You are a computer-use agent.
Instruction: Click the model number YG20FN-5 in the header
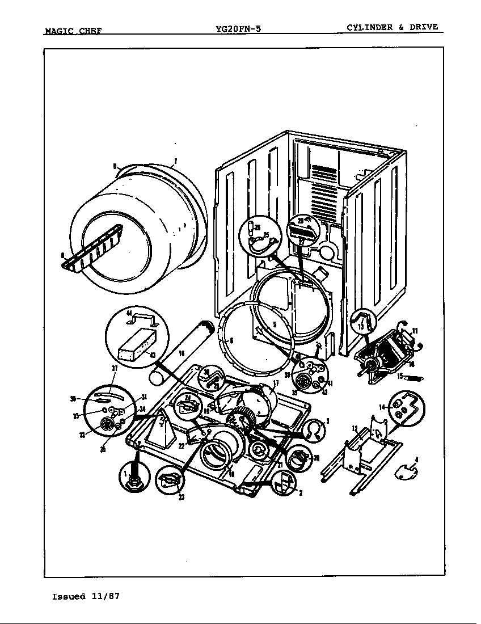pyautogui.click(x=238, y=29)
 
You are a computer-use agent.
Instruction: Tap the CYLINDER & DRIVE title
pyautogui.click(x=392, y=27)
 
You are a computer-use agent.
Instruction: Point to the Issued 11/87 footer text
pyautogui.click(x=86, y=596)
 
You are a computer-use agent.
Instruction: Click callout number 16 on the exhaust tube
pyautogui.click(x=181, y=353)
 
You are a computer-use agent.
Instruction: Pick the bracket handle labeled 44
pyautogui.click(x=142, y=322)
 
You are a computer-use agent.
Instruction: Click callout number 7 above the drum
pyautogui.click(x=175, y=162)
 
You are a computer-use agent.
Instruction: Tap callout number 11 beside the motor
pyautogui.click(x=415, y=331)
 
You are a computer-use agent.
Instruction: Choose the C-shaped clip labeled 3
pyautogui.click(x=310, y=431)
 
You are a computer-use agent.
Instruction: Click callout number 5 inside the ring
pyautogui.click(x=274, y=325)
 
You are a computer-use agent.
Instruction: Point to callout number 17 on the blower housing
pyautogui.click(x=276, y=383)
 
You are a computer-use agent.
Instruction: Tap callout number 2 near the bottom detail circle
pyautogui.click(x=300, y=492)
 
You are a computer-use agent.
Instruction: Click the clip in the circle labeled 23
pyautogui.click(x=169, y=481)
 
